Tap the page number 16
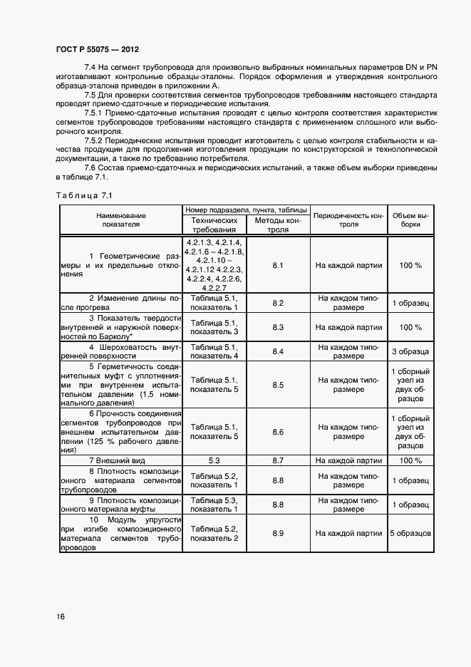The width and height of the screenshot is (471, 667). coord(60,617)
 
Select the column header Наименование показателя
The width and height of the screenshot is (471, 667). coord(120,219)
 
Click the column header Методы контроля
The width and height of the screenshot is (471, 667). coord(278,225)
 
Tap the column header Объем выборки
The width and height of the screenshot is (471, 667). coord(410,219)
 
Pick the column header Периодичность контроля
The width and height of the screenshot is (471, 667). coord(349,219)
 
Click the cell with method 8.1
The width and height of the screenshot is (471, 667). coord(278,265)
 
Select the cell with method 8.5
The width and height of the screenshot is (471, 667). coord(278,386)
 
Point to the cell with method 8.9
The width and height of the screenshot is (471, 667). coord(278,533)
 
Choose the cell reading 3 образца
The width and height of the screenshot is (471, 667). coord(410,351)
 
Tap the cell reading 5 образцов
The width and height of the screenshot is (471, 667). coord(410,533)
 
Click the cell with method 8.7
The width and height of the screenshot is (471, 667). coord(278,461)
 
